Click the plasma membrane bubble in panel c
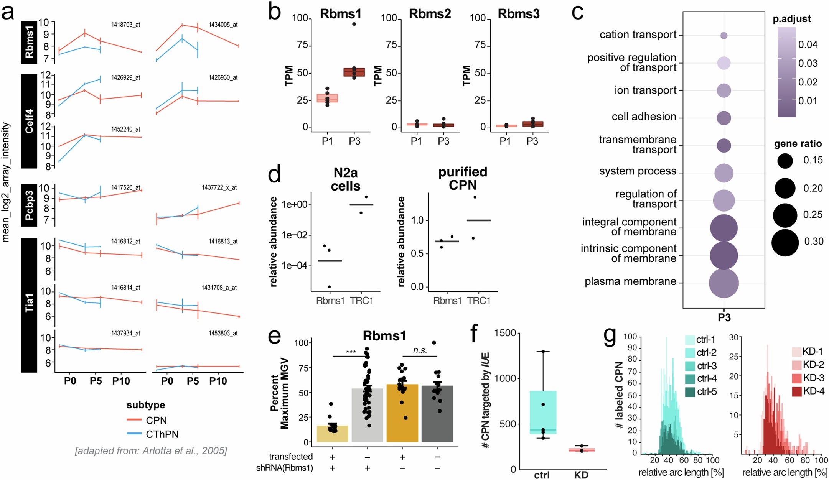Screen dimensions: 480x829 point(724,283)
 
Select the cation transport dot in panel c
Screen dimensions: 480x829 point(724,36)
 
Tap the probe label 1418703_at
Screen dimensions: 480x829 point(125,25)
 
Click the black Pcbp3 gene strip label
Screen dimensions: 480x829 point(29,205)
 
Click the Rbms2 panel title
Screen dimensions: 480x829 point(430,14)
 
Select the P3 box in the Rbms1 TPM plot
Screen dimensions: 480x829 point(354,72)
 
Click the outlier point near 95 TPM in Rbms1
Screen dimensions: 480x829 point(354,24)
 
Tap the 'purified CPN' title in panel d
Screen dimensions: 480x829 point(463,178)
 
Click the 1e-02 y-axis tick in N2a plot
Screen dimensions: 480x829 point(294,235)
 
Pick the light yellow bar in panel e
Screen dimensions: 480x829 point(332,434)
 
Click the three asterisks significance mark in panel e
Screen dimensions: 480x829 point(351,352)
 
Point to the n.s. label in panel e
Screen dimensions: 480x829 point(420,350)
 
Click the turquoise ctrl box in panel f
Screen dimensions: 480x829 point(543,412)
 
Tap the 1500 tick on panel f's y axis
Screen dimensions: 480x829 point(505,333)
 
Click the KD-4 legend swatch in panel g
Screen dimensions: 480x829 point(796,391)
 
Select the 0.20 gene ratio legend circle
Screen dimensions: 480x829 point(785,188)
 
